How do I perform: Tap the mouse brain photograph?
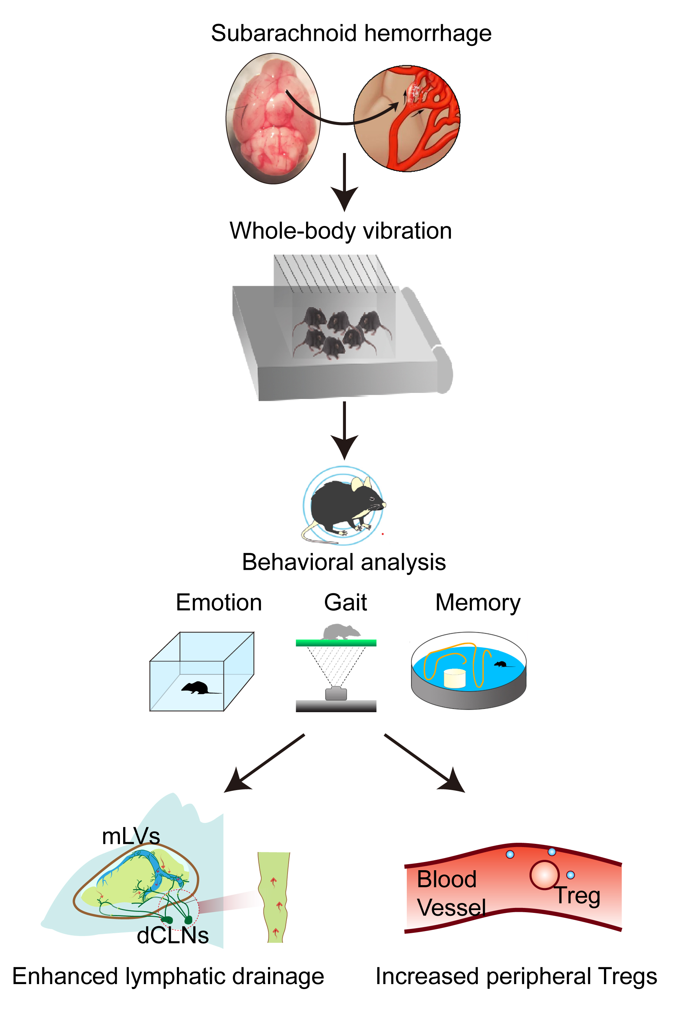click(x=273, y=119)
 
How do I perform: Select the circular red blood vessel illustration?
click(x=407, y=119)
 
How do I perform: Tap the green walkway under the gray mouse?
click(x=336, y=643)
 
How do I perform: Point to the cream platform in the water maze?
click(x=454, y=678)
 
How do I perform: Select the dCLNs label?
click(x=173, y=936)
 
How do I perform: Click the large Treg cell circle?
click(x=544, y=874)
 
